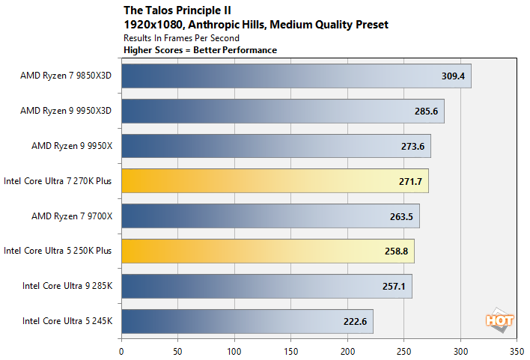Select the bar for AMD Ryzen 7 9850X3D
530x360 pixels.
pos(296,76)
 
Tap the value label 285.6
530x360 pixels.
pos(426,111)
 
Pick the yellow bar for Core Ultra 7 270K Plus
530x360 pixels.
pos(274,181)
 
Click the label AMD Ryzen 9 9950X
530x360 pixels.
pos(71,146)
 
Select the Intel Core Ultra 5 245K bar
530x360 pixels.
pos(247,321)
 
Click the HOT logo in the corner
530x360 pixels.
pos(500,320)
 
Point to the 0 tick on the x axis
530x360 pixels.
pos(121,349)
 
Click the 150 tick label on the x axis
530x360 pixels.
pos(290,349)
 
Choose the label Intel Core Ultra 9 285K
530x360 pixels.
pos(67,286)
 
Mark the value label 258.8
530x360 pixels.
pos(396,251)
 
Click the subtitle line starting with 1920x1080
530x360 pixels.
pos(255,25)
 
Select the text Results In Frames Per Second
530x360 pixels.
pos(181,38)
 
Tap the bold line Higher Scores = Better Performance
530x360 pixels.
pos(200,50)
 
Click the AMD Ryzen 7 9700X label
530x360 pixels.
pos(71,216)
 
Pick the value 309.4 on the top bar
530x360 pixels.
pos(453,76)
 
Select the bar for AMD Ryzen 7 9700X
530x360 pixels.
pos(270,216)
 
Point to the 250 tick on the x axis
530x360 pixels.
pos(403,349)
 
